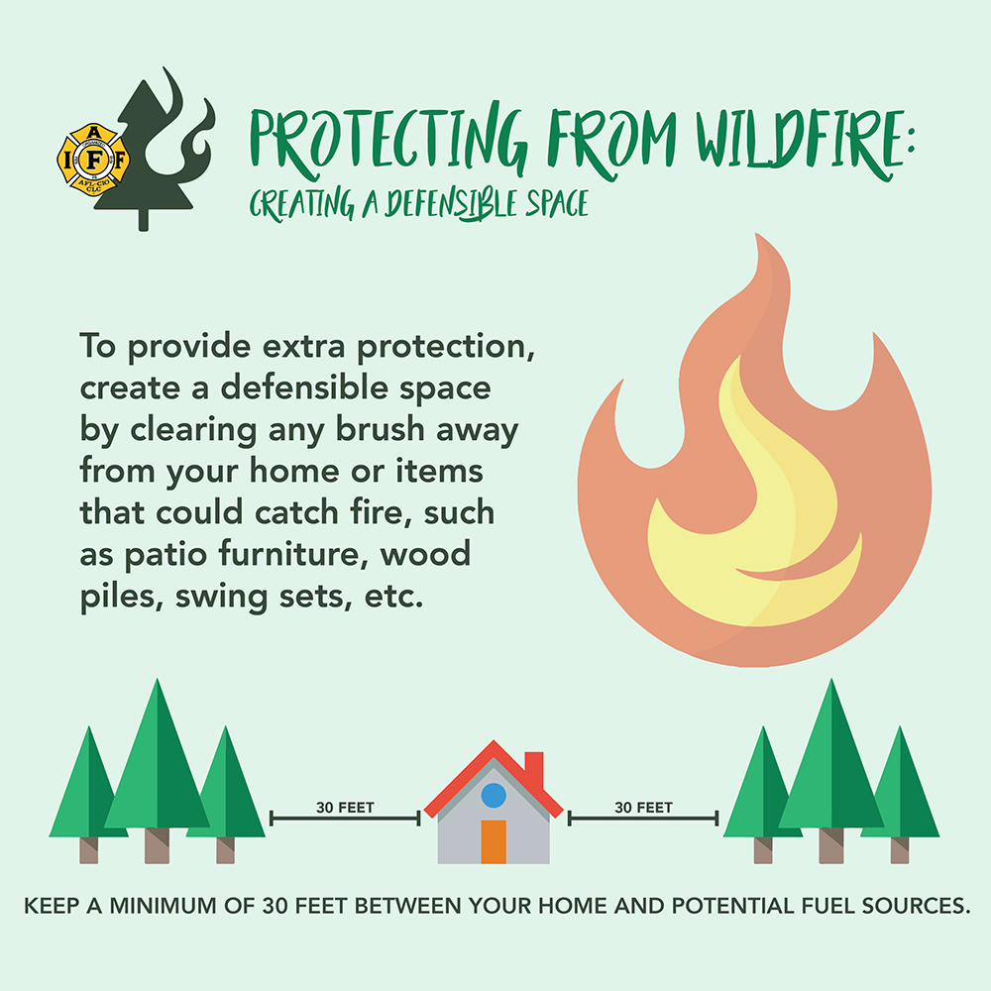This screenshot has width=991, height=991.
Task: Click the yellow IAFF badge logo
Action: [x=93, y=160]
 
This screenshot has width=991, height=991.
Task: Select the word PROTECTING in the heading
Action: [x=386, y=140]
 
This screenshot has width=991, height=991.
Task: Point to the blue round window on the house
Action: [x=494, y=795]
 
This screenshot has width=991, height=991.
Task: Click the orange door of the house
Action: [x=494, y=841]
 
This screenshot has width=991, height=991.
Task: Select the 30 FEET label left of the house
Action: [x=345, y=808]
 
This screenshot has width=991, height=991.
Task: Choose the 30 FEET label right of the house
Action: [x=643, y=808]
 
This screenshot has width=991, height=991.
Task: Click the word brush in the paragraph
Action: [x=380, y=429]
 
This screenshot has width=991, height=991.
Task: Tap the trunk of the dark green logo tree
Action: [x=144, y=219]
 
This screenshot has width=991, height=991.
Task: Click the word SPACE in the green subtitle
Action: [x=557, y=203]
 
